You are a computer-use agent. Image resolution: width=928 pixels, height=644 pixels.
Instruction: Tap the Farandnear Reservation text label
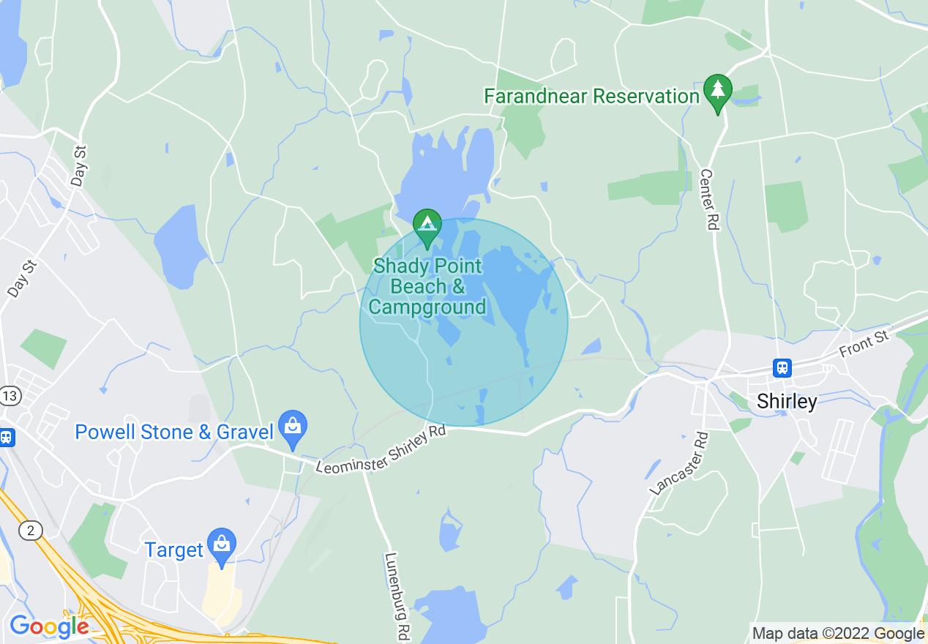592,96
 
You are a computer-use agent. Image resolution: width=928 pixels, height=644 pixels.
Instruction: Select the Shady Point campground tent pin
427,227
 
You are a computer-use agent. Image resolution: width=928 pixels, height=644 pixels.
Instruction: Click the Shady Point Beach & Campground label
427,286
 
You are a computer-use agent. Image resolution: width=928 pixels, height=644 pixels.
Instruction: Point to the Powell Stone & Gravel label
174,432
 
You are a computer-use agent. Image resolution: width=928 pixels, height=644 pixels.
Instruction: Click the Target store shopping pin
221,545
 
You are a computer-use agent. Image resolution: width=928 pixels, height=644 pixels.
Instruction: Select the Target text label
174,550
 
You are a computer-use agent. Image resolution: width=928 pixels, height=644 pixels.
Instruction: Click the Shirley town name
787,401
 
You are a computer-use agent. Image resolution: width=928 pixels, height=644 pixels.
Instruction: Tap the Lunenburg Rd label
395,596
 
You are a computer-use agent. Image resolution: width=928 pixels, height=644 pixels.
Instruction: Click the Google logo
48,626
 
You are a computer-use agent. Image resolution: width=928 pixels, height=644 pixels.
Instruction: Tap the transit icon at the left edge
6,438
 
